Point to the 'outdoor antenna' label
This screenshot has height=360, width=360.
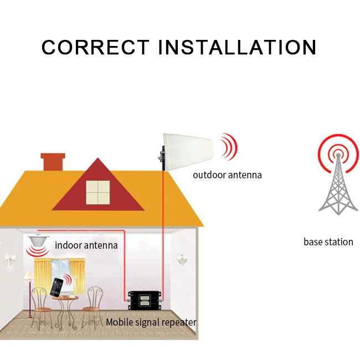[x=227, y=175]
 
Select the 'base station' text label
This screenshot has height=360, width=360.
[x=328, y=241]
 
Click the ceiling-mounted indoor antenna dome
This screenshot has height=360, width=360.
[x=37, y=243]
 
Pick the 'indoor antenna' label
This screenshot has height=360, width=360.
[x=86, y=244]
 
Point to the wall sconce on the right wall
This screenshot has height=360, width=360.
[x=179, y=258]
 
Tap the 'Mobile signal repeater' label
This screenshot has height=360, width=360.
[x=151, y=322]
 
